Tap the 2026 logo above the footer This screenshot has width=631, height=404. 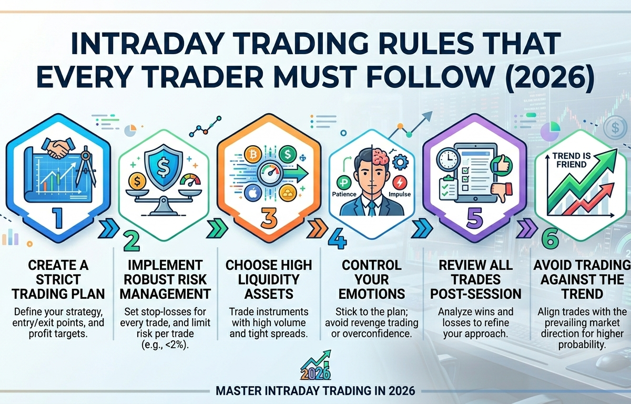pyautogui.click(x=315, y=371)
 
